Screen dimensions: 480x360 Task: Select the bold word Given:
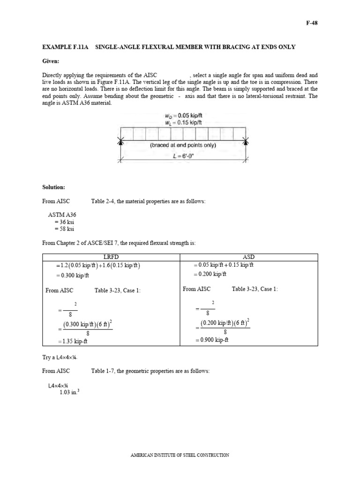click(51, 61)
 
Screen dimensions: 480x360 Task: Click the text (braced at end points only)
click(183, 145)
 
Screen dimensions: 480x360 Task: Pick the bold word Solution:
click(53, 187)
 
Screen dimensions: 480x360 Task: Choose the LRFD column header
click(112, 257)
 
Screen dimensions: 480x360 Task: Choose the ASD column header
click(248, 257)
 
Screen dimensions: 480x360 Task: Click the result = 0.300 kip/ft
click(72, 276)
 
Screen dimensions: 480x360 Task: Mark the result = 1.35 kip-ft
click(72, 341)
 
